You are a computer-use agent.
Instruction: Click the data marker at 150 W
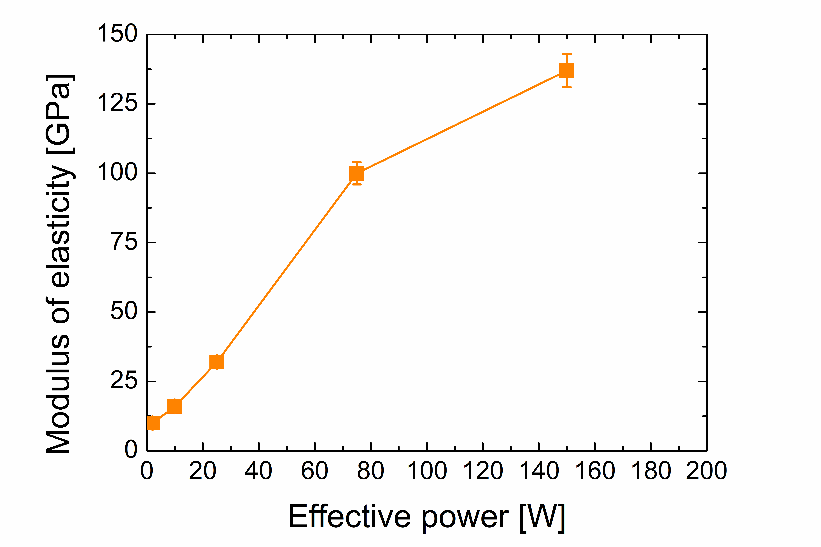point(566,70)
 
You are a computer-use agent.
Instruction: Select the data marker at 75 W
point(356,173)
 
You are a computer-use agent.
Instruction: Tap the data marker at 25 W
point(217,362)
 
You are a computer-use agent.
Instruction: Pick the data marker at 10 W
point(175,406)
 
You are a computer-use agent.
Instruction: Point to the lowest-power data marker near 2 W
point(153,423)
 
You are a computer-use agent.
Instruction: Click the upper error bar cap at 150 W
point(566,54)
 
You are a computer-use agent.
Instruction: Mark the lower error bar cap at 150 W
point(566,87)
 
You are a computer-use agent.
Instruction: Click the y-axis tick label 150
point(117,34)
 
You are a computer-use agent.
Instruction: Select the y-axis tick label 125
point(117,104)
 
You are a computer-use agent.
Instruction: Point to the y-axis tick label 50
point(124,311)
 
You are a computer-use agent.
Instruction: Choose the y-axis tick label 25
point(124,381)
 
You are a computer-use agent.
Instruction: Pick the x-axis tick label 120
point(483,471)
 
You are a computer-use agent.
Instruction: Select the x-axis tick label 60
point(315,471)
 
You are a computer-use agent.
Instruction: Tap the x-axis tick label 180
point(651,471)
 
